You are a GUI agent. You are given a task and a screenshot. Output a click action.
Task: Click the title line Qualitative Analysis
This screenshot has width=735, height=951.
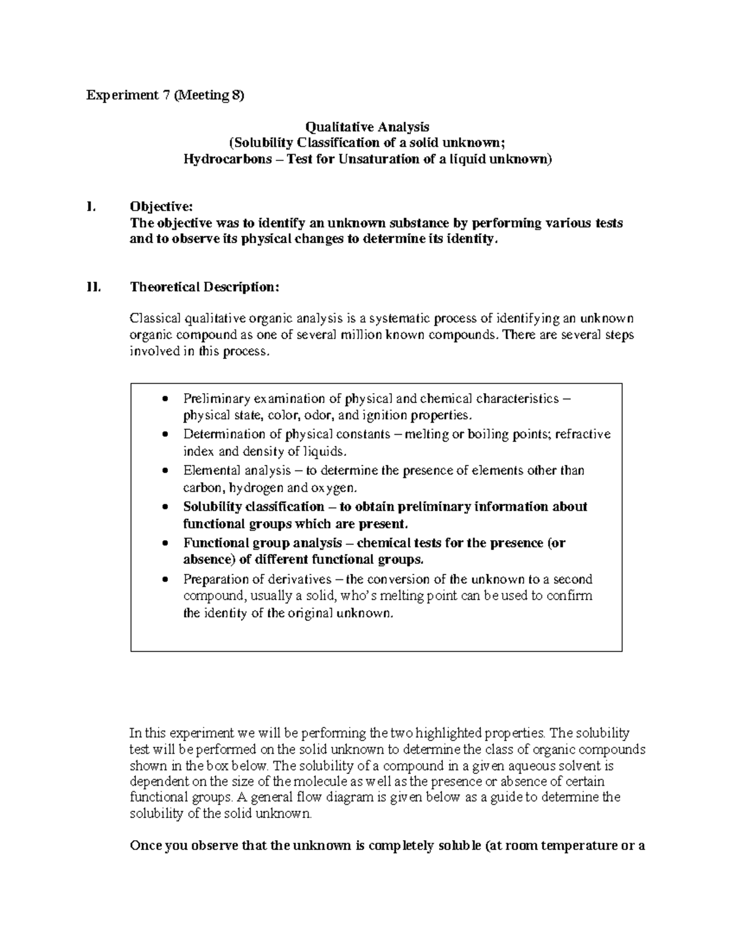pos(367,127)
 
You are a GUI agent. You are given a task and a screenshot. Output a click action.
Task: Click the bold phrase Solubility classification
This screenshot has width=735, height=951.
pos(254,507)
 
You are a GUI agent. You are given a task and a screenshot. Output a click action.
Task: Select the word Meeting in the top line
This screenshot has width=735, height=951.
pos(200,96)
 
